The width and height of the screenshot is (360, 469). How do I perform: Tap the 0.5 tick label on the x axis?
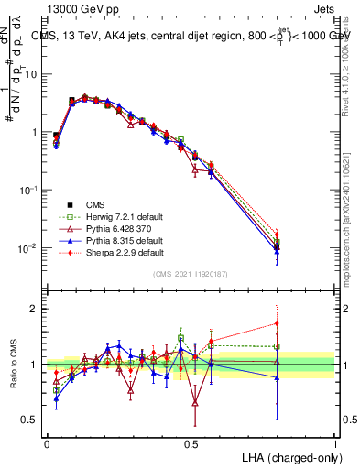[191, 443]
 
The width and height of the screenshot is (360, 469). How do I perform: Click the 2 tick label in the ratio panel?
[35, 309]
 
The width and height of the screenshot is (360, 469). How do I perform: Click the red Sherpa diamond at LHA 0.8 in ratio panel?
[277, 322]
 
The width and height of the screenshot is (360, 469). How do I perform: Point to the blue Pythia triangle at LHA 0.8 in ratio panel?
[277, 377]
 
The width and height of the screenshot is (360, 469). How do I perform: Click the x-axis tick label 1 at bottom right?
[335, 443]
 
